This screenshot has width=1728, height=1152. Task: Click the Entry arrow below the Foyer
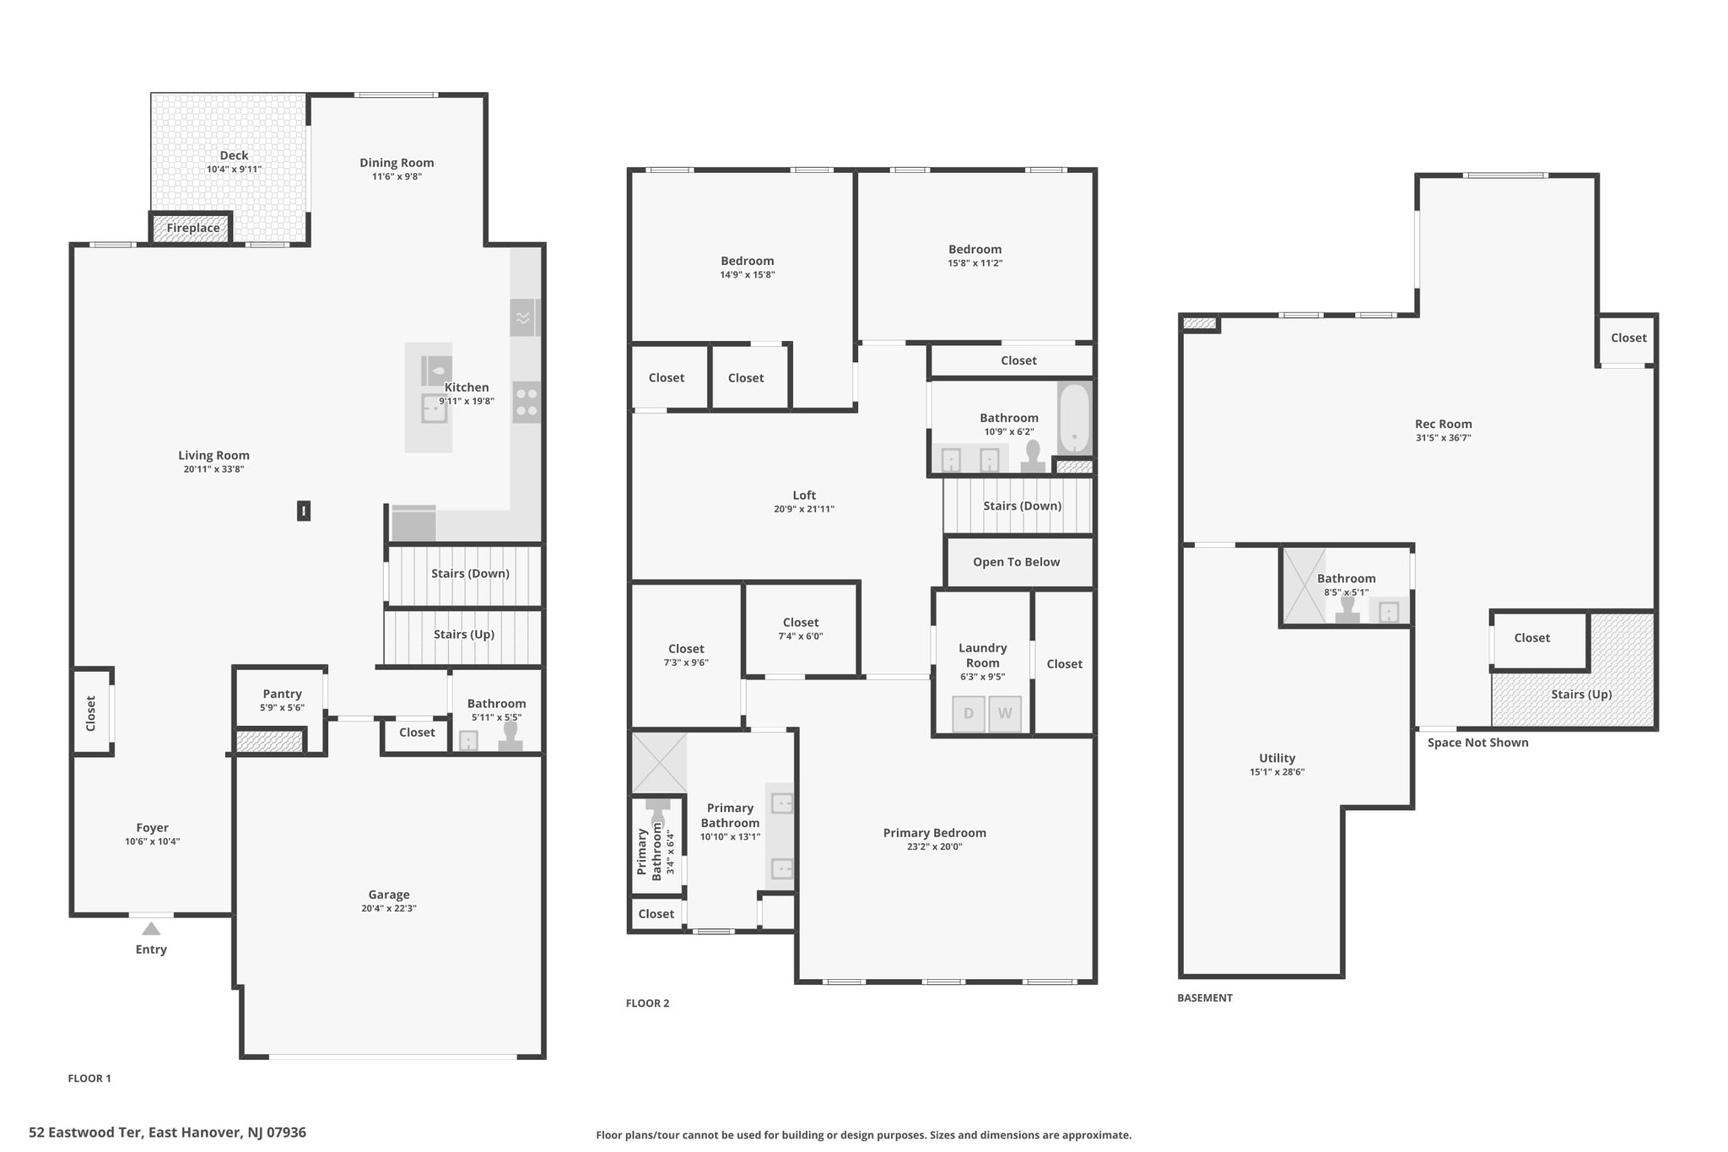click(151, 928)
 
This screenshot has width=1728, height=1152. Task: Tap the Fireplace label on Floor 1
click(193, 228)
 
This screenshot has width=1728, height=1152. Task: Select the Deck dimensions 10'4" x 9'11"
click(235, 170)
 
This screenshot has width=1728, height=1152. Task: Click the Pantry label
click(282, 694)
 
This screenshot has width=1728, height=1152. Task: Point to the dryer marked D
click(969, 713)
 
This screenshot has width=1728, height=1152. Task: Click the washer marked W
click(1005, 713)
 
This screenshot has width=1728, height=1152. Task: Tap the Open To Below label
click(1016, 562)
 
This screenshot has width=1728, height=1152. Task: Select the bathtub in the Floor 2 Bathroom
click(1075, 419)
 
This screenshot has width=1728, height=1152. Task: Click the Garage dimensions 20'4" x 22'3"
click(389, 909)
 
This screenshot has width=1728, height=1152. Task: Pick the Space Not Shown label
click(1478, 743)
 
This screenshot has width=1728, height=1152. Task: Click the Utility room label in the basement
click(1277, 758)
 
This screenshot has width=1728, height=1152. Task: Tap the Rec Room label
click(1444, 424)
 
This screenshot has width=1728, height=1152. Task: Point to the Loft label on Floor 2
click(804, 495)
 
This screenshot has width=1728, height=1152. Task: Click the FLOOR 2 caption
click(647, 1003)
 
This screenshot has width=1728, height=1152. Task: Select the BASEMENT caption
click(1205, 998)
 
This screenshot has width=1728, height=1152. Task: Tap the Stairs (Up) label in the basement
click(1581, 695)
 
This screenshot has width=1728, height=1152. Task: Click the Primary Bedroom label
click(935, 833)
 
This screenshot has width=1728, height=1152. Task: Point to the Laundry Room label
click(983, 656)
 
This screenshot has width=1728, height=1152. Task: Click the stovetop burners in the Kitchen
click(526, 402)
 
